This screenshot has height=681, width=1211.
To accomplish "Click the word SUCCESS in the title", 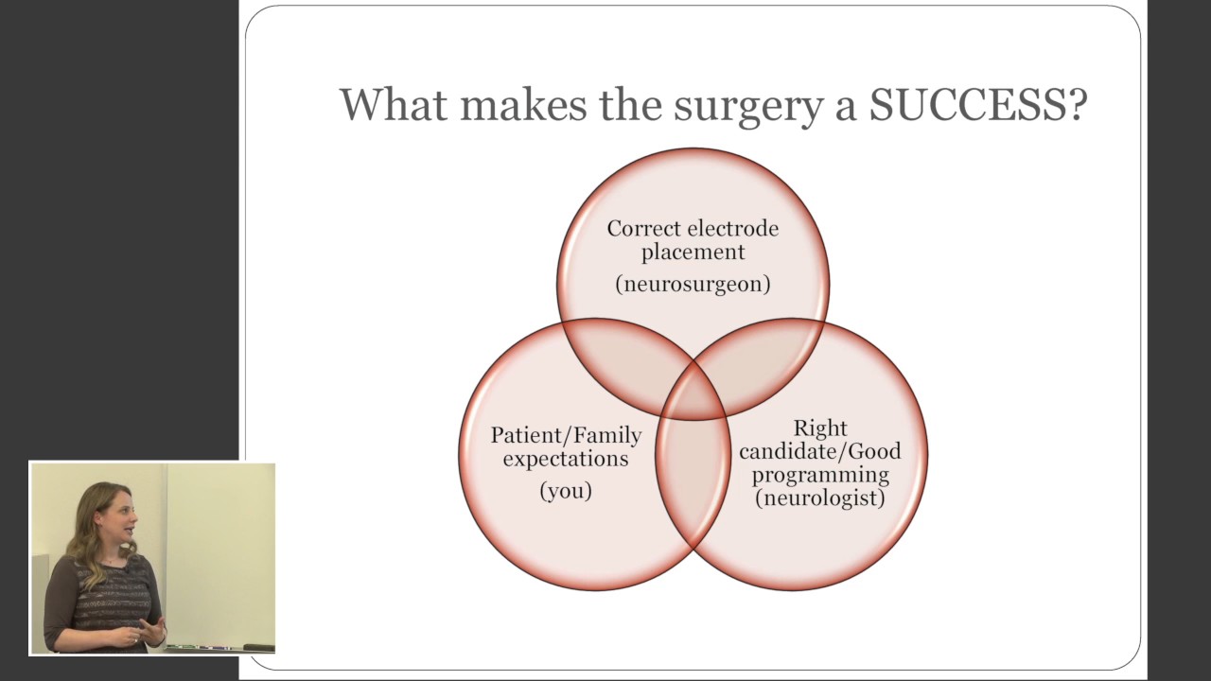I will tap(977, 105).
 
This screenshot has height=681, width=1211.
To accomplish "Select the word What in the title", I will tap(393, 105).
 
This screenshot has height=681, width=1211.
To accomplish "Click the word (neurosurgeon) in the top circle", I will tap(693, 284).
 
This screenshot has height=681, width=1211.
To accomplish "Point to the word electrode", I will tap(734, 229).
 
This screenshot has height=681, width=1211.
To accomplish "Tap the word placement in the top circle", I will tap(693, 253).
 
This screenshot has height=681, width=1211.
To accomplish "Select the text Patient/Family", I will tap(566, 436).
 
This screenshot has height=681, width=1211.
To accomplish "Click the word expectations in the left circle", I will tap(566, 459).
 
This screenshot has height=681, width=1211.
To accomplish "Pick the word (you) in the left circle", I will tap(566, 491).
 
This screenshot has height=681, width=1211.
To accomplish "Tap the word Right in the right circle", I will tap(819, 428).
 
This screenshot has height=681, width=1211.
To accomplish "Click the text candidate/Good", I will tap(819, 451).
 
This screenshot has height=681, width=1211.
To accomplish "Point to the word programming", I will tap(819, 474).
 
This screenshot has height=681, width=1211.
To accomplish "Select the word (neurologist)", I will tap(819, 498).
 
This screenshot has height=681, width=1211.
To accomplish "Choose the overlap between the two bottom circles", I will tap(693, 478).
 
